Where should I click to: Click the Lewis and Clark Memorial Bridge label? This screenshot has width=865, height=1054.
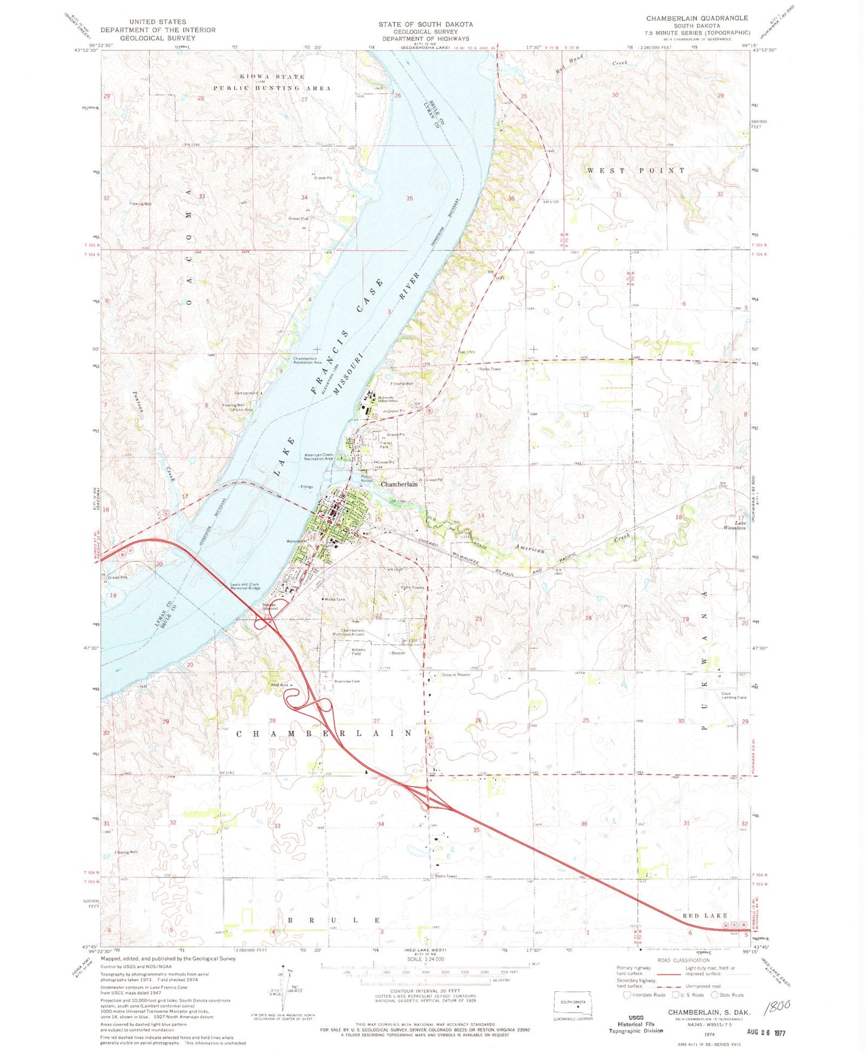coord(245,587)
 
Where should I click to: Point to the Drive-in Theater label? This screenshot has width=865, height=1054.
coord(456,675)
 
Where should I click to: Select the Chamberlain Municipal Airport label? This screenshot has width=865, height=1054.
coord(352,632)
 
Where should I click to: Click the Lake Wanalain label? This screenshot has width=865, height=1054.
coord(735,525)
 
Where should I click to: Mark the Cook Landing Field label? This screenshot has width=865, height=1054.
coord(733,695)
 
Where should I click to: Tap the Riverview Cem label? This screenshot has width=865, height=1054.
coord(347,682)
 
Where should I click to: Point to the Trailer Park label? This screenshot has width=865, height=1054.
coord(384,445)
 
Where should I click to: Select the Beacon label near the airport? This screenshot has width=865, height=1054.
coord(398,653)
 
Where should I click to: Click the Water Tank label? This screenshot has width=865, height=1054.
coord(334,599)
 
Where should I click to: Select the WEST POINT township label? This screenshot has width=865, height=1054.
coord(636,171)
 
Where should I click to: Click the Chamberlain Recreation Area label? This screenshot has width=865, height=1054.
coord(307,360)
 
